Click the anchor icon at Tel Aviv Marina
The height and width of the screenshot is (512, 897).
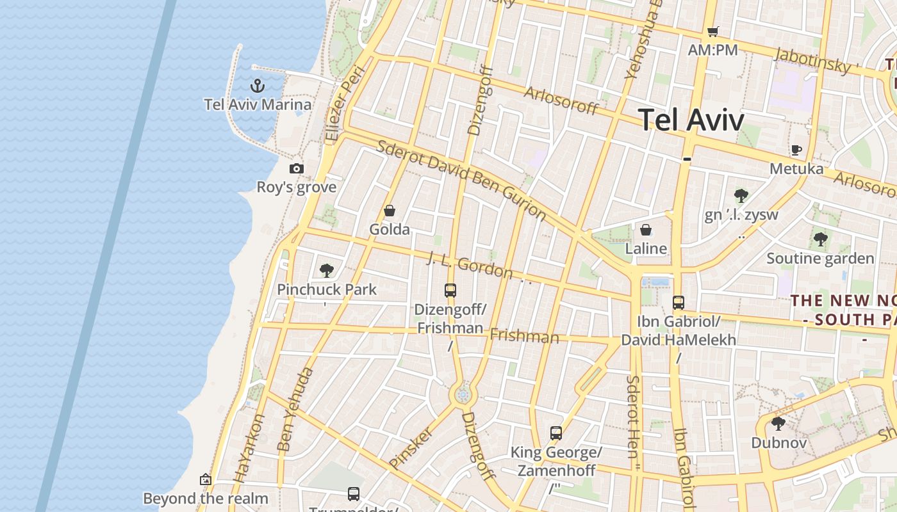click(257, 86)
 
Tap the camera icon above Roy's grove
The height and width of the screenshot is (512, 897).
click(296, 168)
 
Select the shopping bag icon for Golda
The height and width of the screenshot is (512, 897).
click(389, 211)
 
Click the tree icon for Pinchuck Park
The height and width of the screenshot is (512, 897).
click(327, 270)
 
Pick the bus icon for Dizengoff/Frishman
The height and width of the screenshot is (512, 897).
click(450, 291)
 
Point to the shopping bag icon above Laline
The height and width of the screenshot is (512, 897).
click(646, 229)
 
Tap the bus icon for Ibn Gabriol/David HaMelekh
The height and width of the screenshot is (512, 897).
click(679, 302)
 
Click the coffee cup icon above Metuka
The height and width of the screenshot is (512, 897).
click(796, 150)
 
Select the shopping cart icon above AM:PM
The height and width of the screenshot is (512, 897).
click(712, 31)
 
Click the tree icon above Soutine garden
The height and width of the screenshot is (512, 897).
click(820, 239)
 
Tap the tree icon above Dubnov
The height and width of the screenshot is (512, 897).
click(778, 423)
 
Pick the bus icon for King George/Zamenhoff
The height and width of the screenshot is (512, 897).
click(556, 433)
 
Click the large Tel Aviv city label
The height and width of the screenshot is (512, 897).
click(691, 120)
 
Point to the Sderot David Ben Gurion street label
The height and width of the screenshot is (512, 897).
click(461, 180)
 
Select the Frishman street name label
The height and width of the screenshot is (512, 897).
click(524, 336)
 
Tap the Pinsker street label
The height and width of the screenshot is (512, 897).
click(411, 447)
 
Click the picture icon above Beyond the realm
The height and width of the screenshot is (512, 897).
click(205, 479)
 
